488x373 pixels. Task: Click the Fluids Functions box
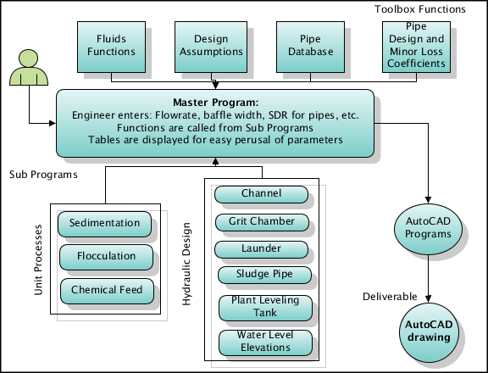112,47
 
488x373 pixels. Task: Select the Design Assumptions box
211,47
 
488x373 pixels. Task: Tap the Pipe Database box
311,47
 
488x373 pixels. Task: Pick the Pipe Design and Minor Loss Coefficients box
417,47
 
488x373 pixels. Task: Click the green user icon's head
29,58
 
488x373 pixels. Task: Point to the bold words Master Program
216,103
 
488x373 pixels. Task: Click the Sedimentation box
104,224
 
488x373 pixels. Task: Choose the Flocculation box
107,257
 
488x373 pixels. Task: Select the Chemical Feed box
107,291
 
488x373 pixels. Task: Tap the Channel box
262,195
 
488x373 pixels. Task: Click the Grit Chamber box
263,222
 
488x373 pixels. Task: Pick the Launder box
262,249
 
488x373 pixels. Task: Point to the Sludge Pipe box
265,275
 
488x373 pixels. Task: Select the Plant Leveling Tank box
266,308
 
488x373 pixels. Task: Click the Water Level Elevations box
266,342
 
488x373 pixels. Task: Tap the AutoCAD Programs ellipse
428,229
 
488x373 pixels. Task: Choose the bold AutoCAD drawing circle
429,332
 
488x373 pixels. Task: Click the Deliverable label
390,297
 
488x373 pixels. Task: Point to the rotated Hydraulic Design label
186,264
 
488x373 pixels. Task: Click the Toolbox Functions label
420,9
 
